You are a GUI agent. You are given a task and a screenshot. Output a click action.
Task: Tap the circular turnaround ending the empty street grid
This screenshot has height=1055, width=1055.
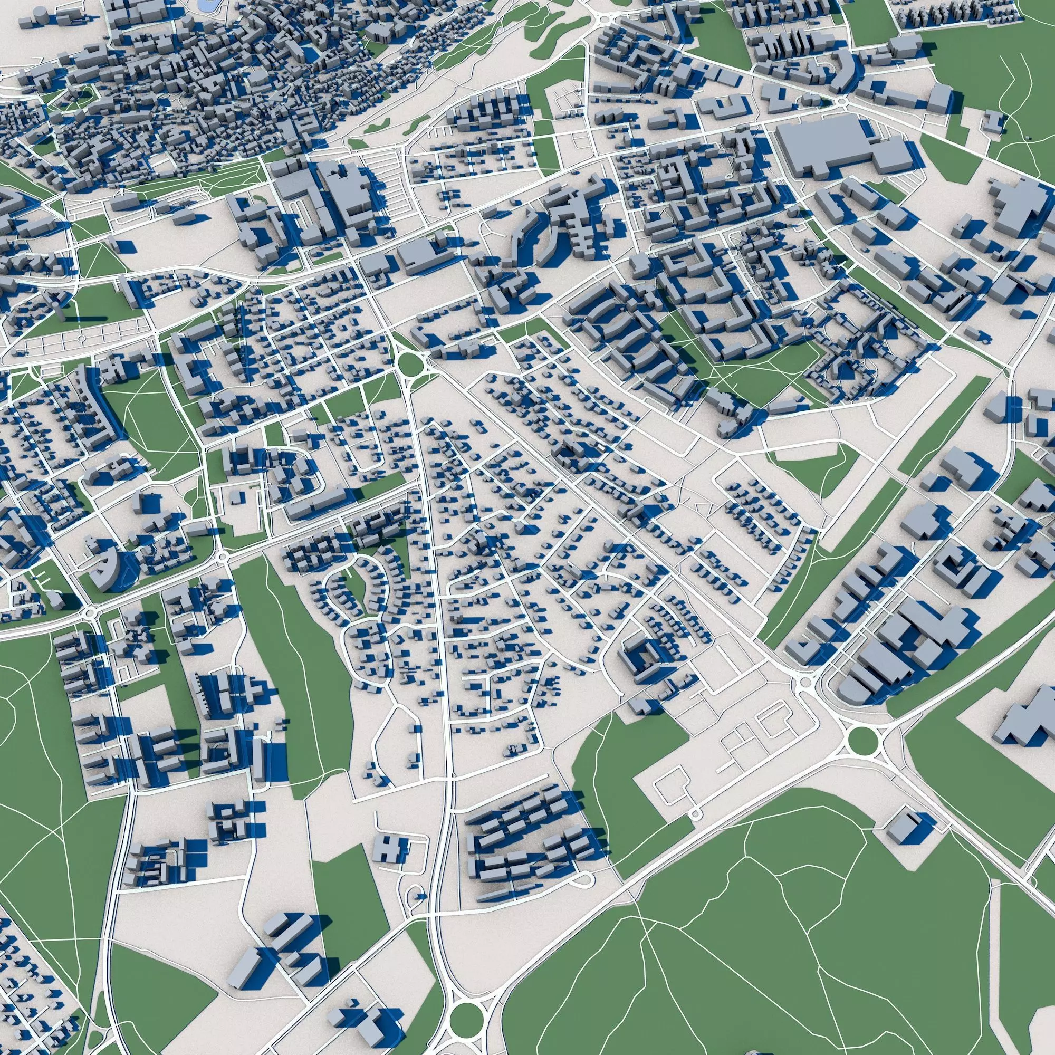695,829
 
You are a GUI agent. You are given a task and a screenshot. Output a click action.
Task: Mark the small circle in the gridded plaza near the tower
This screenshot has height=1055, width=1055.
82,339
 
